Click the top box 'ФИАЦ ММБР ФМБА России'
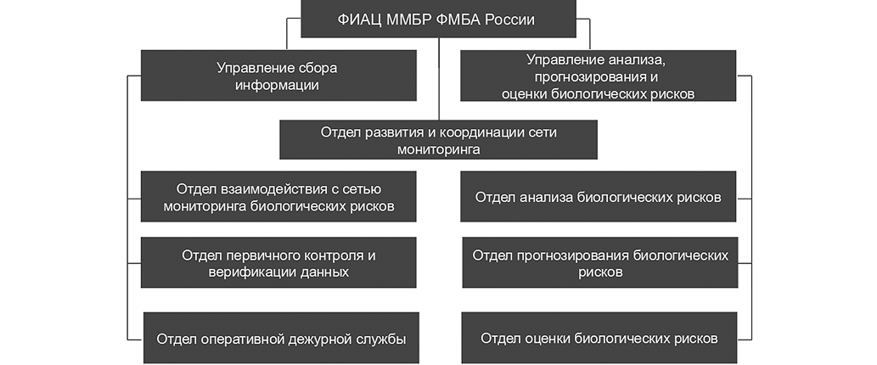click(438, 19)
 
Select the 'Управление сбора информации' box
click(278, 76)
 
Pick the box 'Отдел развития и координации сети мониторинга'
click(438, 140)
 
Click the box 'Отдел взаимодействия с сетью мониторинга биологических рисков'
click(278, 197)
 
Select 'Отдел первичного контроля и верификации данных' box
click(278, 263)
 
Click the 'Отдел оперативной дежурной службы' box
click(280, 338)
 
